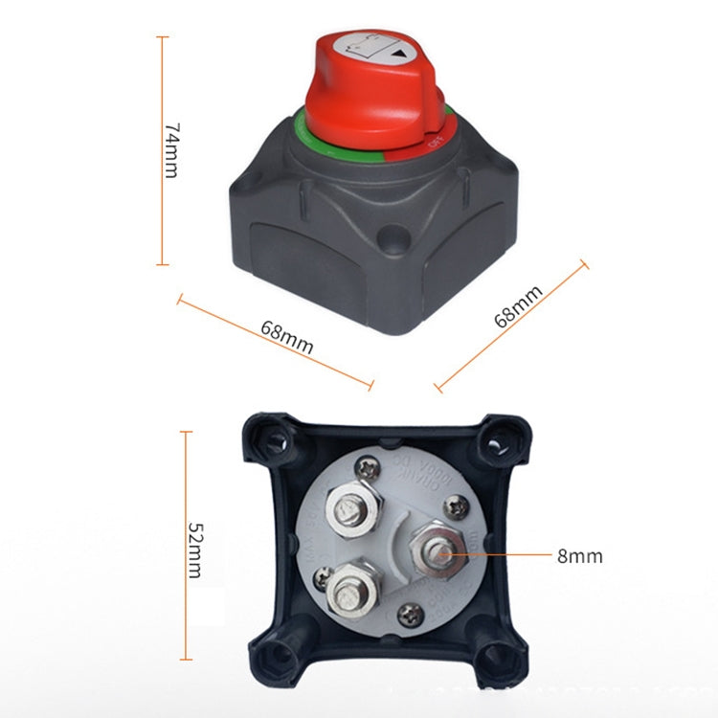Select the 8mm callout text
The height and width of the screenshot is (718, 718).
pos(579,555)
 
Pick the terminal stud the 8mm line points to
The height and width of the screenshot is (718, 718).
pos(441,552)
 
